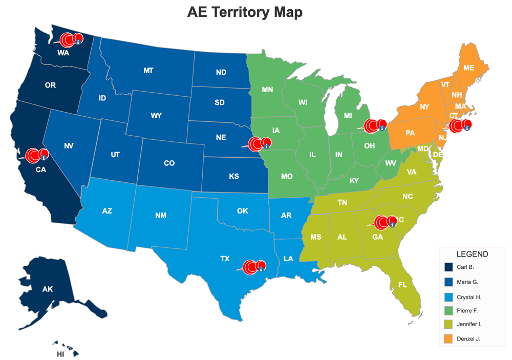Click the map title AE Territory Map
pyautogui.click(x=245, y=12)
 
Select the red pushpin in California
pyautogui.click(x=34, y=155)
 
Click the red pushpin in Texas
pyautogui.click(x=252, y=267)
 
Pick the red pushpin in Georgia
pyautogui.click(x=383, y=222)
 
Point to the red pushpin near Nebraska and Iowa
pyautogui.click(x=257, y=144)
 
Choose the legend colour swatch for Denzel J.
pyautogui.click(x=449, y=338)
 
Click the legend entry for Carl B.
pyautogui.click(x=465, y=267)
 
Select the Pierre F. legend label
pyautogui.click(x=467, y=310)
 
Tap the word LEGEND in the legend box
pyautogui.click(x=472, y=254)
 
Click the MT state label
pyautogui.click(x=148, y=71)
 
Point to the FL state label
pyautogui.click(x=402, y=285)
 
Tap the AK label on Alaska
pyautogui.click(x=48, y=289)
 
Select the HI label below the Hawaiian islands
pyautogui.click(x=60, y=354)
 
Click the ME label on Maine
pyautogui.click(x=468, y=68)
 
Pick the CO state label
pyautogui.click(x=169, y=163)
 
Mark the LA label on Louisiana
pyautogui.click(x=288, y=259)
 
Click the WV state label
pyautogui.click(x=391, y=163)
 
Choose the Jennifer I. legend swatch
pyautogui.click(x=449, y=324)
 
